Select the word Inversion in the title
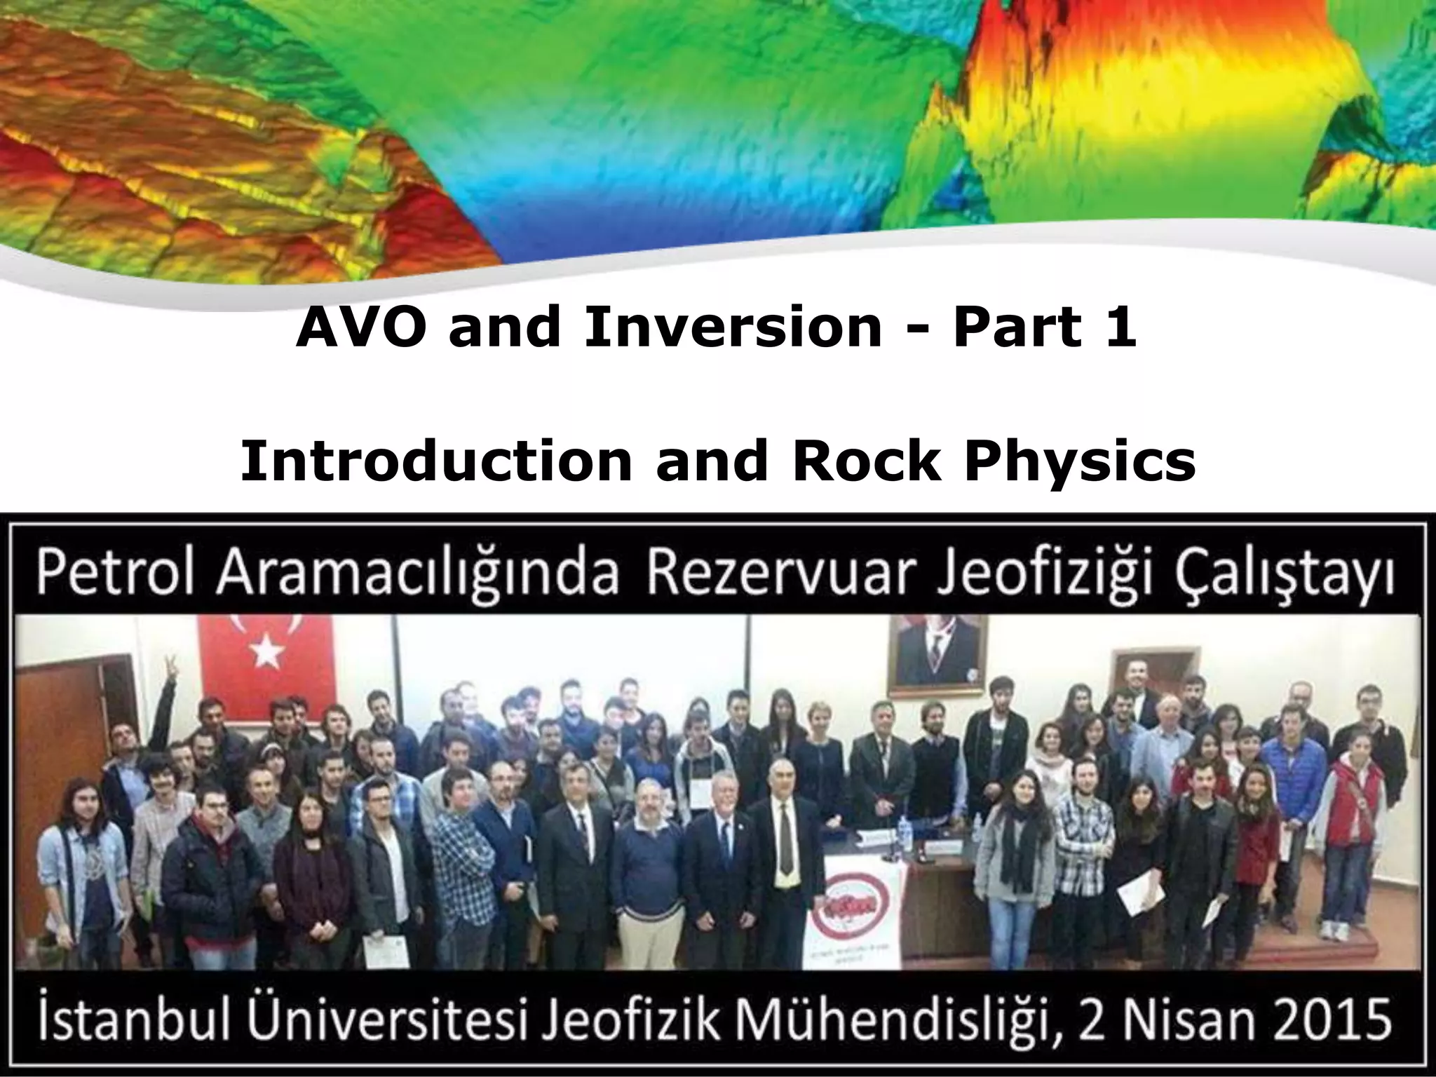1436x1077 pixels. [732, 328]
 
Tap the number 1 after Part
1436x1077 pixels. [1120, 328]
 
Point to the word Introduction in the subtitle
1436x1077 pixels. [435, 463]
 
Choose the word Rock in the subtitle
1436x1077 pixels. [866, 463]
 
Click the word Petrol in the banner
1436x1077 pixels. [116, 575]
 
